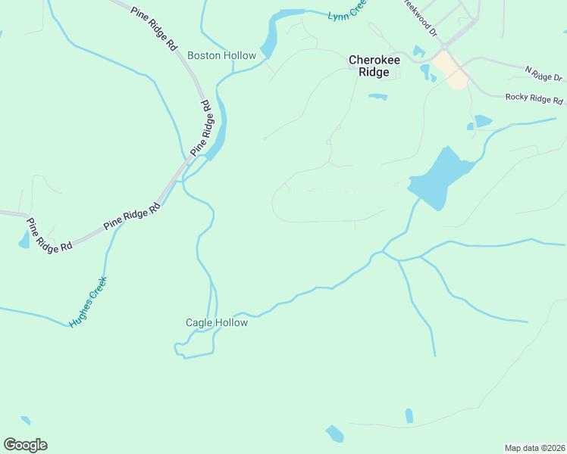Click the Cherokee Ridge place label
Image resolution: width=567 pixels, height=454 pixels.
[x=368, y=66]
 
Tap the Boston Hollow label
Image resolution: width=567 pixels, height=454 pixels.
[x=221, y=55]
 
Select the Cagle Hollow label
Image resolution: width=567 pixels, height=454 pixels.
[x=217, y=322]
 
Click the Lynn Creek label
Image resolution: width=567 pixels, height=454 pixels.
[x=347, y=11]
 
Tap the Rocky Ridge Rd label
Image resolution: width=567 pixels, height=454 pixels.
[x=534, y=98]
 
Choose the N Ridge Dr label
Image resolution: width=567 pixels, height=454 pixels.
[x=544, y=73]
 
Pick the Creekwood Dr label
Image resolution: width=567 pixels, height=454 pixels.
[x=419, y=17]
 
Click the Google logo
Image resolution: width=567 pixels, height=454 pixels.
[x=25, y=444]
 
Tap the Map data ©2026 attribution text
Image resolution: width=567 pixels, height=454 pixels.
[x=534, y=447]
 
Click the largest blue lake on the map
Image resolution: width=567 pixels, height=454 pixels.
[x=438, y=180]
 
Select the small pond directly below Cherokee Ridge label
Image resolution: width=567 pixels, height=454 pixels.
[x=377, y=97]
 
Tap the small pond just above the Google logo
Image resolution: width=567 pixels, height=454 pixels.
[x=26, y=420]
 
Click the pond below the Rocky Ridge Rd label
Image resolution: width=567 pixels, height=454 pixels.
[x=482, y=121]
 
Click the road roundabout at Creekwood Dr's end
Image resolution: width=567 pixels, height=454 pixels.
[x=446, y=47]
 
